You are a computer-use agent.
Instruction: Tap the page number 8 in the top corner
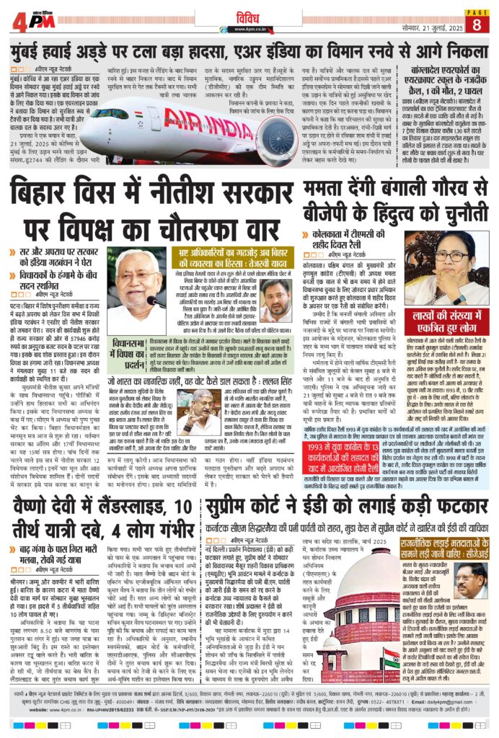tap(477, 25)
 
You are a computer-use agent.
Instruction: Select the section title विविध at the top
tap(249, 19)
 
